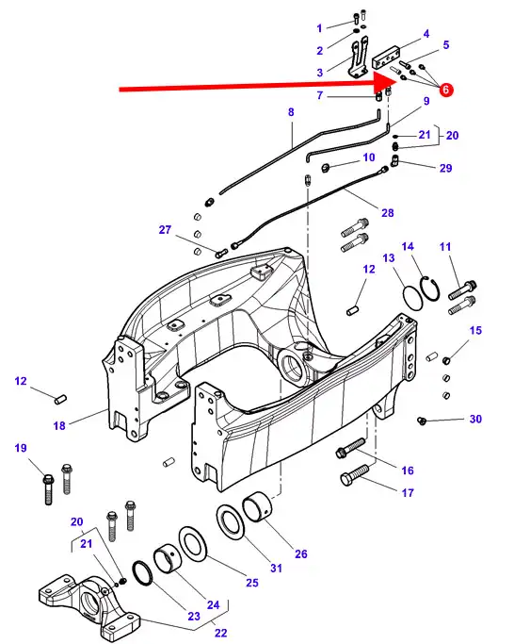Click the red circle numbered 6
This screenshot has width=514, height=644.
coord(446,90)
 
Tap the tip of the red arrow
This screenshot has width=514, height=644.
coord(397,81)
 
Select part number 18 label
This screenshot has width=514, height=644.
coord(59,425)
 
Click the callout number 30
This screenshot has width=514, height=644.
coord(475,419)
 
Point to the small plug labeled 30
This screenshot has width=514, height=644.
coord(422,421)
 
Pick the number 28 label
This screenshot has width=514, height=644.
coord(387,213)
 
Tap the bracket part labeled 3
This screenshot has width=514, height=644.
coord(358,58)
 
